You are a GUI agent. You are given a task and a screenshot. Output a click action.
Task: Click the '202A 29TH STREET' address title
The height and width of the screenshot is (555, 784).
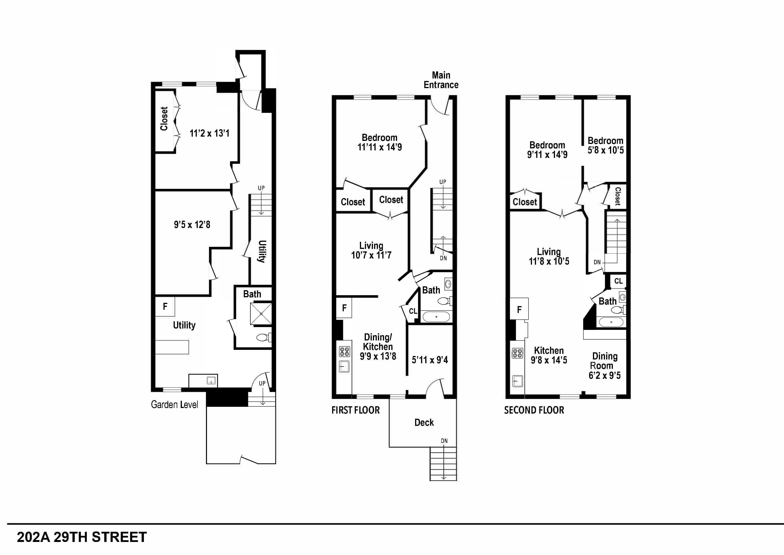click(x=82, y=537)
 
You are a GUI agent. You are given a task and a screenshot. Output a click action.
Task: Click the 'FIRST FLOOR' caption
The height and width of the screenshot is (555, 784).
click(x=355, y=410)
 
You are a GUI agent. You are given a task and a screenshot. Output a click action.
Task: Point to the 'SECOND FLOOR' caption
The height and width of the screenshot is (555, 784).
click(x=534, y=410)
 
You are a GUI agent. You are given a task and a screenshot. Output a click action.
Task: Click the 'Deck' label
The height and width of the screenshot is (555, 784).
click(x=424, y=423)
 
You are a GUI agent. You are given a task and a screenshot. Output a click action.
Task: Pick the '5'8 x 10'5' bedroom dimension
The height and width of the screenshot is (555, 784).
click(x=605, y=150)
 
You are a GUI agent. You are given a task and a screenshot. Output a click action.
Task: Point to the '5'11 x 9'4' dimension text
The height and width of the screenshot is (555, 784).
click(x=430, y=360)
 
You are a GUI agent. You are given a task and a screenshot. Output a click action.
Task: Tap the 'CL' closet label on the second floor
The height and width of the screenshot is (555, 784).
click(x=618, y=281)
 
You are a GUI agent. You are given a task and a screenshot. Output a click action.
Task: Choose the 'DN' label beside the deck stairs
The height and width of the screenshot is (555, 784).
click(x=444, y=441)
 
